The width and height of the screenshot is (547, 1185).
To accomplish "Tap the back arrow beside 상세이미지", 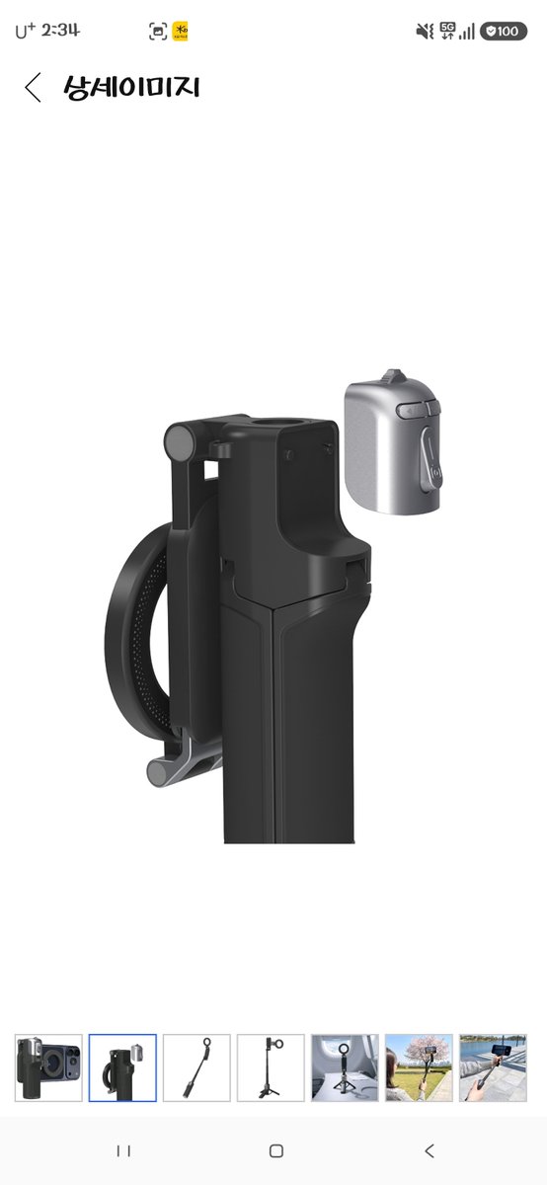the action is [x=33, y=87].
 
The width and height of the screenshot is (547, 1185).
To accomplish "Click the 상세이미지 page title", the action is [x=131, y=87].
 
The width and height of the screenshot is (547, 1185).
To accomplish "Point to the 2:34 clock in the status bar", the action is [x=60, y=31].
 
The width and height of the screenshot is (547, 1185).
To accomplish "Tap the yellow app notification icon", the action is [x=180, y=32].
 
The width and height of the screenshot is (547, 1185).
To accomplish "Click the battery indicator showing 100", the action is [x=504, y=32].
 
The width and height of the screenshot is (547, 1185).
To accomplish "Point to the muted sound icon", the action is [x=425, y=32].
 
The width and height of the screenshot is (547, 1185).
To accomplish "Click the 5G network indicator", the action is [x=447, y=32].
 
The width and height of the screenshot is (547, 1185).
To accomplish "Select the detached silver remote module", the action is [x=393, y=442].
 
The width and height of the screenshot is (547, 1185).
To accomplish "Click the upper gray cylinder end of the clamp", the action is [x=180, y=439].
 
